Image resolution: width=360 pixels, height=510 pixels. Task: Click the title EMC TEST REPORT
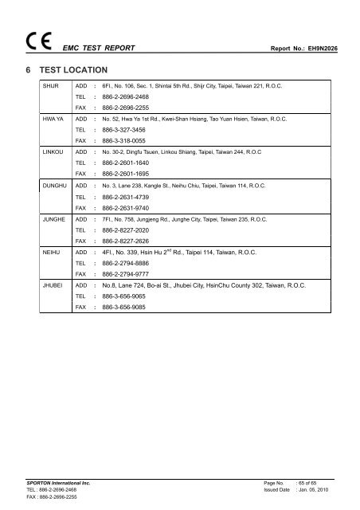coord(99,48)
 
